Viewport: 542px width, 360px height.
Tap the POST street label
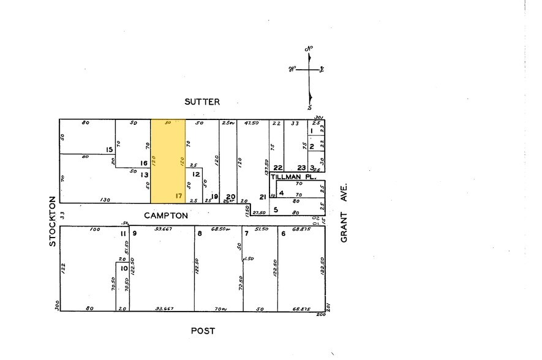[x=203, y=331]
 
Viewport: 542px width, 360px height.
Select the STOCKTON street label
[x=53, y=221]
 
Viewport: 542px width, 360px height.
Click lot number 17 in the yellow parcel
[x=178, y=197]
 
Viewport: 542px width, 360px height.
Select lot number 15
[x=109, y=149]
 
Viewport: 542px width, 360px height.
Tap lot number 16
[x=144, y=163]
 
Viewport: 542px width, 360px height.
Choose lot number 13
[x=145, y=174]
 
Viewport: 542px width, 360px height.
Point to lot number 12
[x=196, y=174]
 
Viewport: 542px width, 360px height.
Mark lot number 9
[x=134, y=233]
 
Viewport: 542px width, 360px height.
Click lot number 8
[x=199, y=233]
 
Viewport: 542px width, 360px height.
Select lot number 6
[x=283, y=233]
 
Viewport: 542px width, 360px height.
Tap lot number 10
[x=124, y=268]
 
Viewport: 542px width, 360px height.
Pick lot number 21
[x=262, y=197]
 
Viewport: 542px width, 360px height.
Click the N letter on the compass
[x=310, y=49]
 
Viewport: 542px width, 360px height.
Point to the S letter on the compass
[x=311, y=106]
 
